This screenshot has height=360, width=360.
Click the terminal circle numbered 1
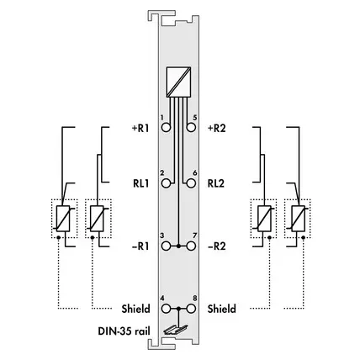tap(166, 128)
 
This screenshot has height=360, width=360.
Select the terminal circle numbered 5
tap(191, 128)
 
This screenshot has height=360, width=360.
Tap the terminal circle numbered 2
tap(166, 183)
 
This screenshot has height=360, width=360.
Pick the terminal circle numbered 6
tap(191, 183)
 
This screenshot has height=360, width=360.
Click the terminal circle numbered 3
tap(166, 246)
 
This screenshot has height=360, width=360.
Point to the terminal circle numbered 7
tap(191, 246)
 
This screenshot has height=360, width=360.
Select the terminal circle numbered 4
tap(166, 309)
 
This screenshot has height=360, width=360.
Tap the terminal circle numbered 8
tap(191, 309)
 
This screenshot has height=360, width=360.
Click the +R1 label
tap(140, 128)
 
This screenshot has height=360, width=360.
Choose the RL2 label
tap(216, 183)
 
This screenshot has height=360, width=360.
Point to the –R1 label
tap(140, 246)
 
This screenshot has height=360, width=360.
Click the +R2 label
tap(216, 128)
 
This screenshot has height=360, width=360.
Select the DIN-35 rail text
tap(124, 331)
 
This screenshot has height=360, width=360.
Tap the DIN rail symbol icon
tap(176, 331)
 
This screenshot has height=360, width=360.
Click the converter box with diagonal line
tap(178, 82)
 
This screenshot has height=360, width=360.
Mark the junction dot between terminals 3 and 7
tap(178, 246)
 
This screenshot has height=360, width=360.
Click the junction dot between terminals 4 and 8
tap(178, 309)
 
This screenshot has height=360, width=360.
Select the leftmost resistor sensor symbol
tap(63, 219)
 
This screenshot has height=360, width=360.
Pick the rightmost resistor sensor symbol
tap(299, 219)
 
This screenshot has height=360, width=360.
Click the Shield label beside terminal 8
tap(222, 309)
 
